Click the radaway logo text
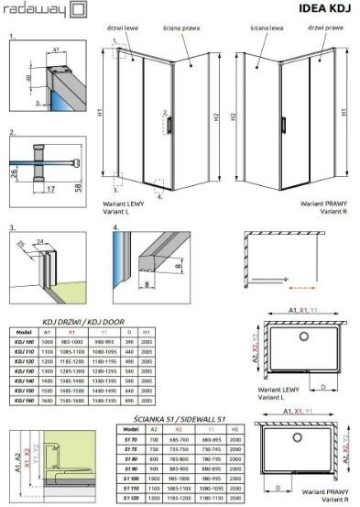coord(31,10)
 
